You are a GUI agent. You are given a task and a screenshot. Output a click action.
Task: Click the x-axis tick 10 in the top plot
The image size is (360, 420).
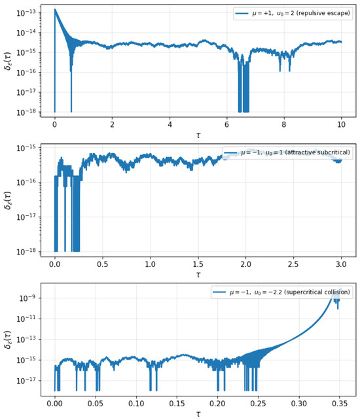click(341, 124)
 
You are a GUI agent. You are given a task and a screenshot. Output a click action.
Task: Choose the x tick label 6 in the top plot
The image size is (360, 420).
click(226, 124)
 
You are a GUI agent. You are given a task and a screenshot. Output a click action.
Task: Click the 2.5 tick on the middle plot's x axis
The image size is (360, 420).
click(293, 264)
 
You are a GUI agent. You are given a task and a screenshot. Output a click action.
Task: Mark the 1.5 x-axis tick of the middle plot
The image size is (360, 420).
click(198, 264)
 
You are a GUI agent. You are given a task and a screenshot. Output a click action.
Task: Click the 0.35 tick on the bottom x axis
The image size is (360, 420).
click(340, 404)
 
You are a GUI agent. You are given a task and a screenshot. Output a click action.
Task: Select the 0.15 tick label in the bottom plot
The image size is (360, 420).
click(177, 404)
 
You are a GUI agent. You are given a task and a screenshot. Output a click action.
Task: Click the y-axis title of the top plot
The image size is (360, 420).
click(8, 61)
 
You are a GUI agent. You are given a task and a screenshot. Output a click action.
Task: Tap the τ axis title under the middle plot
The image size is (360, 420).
click(198, 275)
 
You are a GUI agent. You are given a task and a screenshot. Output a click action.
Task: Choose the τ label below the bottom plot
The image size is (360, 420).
click(198, 414)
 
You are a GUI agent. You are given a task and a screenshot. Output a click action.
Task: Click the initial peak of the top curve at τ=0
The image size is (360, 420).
click(55, 9)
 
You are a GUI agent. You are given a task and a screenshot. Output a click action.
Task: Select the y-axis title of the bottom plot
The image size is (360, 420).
click(8, 340)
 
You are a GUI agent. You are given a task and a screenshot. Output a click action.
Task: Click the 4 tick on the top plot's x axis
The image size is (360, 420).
click(170, 124)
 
